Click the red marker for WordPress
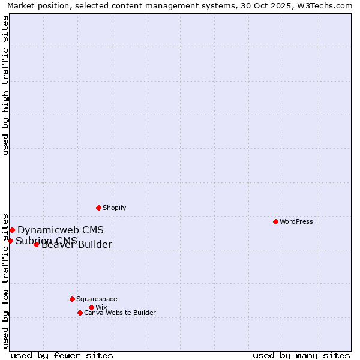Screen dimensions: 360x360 tap(275, 221)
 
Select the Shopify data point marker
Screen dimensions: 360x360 tap(98, 208)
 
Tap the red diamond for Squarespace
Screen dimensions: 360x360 tap(72, 299)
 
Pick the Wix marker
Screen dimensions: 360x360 tap(91, 307)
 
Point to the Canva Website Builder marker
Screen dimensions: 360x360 tap(80, 313)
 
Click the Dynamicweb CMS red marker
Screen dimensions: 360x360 tap(12, 230)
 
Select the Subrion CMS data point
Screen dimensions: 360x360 tap(10, 241)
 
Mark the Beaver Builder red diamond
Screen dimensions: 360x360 tap(36, 244)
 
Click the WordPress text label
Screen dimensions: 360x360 tap(296, 221)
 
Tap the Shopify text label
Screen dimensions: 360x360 tap(114, 208)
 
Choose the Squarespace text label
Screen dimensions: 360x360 tap(97, 299)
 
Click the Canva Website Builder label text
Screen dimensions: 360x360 tap(119, 313)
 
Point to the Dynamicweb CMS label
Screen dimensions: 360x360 tap(60, 230)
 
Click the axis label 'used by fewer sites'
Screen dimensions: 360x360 tap(62, 355)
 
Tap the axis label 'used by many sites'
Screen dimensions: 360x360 tap(301, 355)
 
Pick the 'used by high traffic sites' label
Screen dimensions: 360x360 tap(5, 85)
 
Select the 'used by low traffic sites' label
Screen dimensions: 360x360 tap(5, 281)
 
